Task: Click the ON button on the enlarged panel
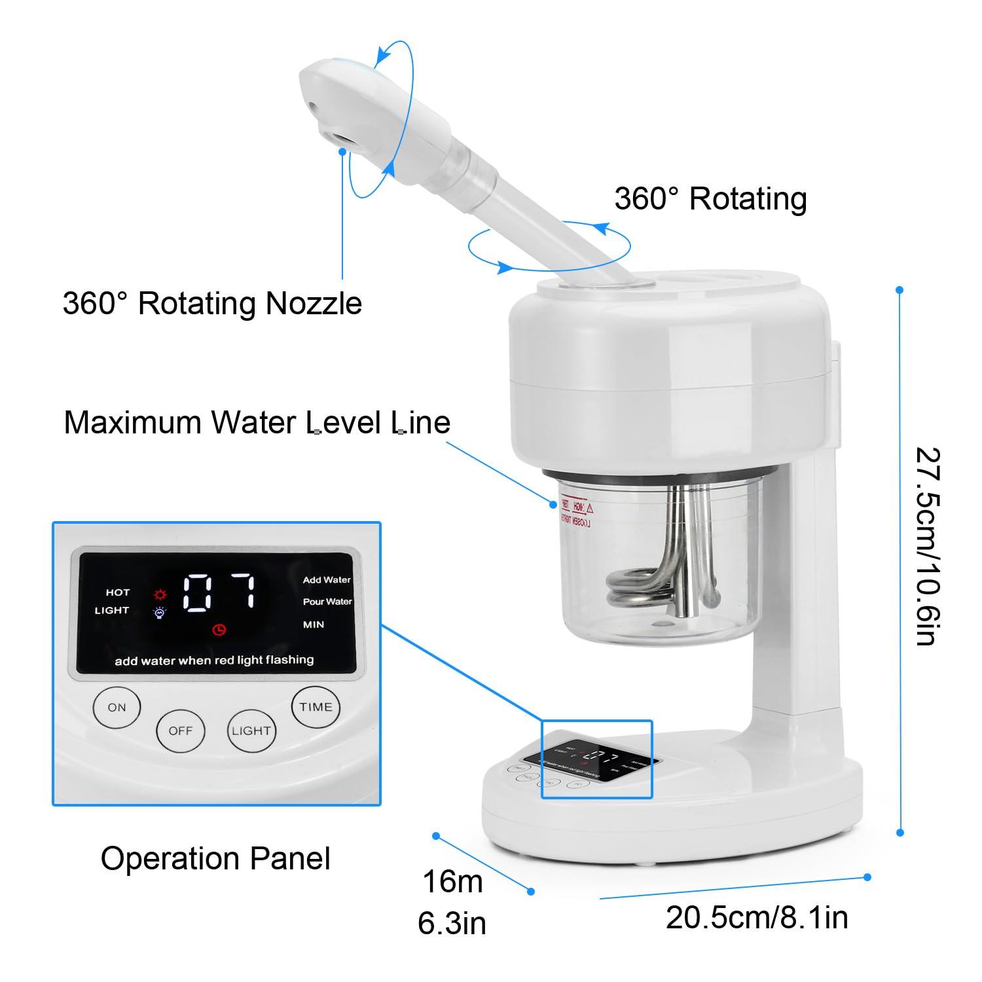pyautogui.click(x=117, y=707)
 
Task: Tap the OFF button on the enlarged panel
pyautogui.click(x=180, y=731)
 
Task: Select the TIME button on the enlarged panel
pyautogui.click(x=316, y=707)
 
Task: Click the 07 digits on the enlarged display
pyautogui.click(x=219, y=592)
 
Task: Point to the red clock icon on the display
pyautogui.click(x=219, y=630)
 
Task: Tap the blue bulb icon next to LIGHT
pyautogui.click(x=159, y=613)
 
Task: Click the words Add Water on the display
pyautogui.click(x=327, y=580)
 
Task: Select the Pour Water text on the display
pyautogui.click(x=327, y=602)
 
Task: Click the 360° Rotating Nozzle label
pyautogui.click(x=212, y=303)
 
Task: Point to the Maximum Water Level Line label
pyautogui.click(x=257, y=422)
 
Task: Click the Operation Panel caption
pyautogui.click(x=215, y=858)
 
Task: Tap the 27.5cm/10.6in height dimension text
pyautogui.click(x=929, y=546)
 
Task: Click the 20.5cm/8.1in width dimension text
pyautogui.click(x=757, y=917)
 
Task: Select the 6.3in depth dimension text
pyautogui.click(x=452, y=924)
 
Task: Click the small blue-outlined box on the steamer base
pyautogui.click(x=596, y=759)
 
